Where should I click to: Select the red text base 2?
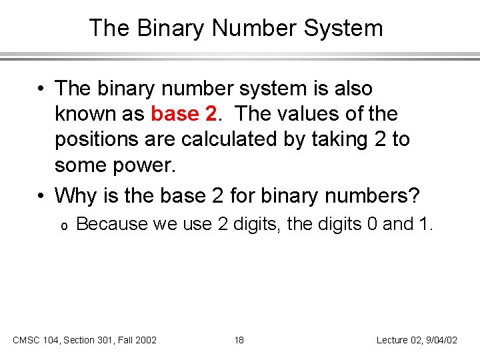point(184,114)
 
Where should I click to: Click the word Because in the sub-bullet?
point(112,224)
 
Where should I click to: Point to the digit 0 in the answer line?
point(372,224)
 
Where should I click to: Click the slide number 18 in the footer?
point(239,340)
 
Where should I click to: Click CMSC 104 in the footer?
point(35,340)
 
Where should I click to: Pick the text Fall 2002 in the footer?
point(136,340)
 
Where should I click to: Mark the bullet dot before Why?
point(42,197)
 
